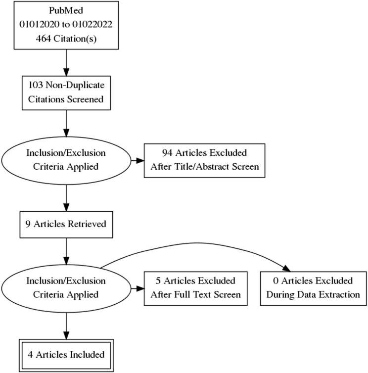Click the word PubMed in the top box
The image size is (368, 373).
coord(66,10)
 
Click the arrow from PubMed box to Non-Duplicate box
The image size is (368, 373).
coord(66,62)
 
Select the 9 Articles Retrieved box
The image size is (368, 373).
coord(66,224)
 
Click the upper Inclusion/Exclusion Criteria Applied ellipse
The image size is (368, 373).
coord(66,160)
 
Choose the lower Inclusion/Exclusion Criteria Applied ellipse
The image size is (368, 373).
coord(66,288)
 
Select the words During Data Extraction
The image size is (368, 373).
coord(313,295)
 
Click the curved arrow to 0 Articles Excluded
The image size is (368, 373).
coord(198,243)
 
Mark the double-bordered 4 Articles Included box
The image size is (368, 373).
coord(66,354)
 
